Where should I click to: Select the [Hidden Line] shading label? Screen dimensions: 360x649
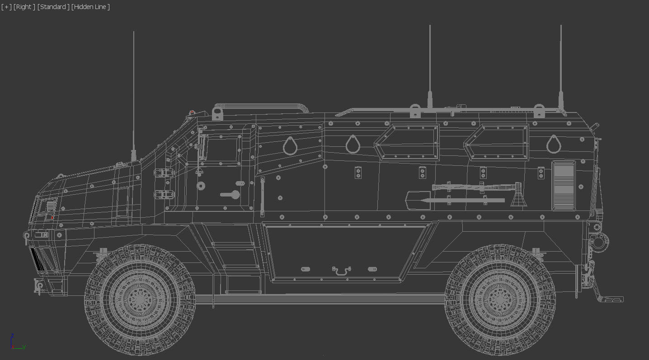point(90,7)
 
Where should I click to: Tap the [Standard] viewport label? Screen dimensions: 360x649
point(53,7)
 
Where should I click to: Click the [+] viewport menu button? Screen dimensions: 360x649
point(6,7)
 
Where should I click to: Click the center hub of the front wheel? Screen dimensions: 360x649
point(140,300)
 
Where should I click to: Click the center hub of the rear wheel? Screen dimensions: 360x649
point(500,300)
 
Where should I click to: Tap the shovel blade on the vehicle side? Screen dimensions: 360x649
point(415,200)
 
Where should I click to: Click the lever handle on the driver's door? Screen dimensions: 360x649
point(230,195)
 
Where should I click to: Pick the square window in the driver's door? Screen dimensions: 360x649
point(222,149)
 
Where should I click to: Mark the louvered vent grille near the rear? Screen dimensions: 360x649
point(564,185)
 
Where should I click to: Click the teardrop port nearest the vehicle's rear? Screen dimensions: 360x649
point(553,144)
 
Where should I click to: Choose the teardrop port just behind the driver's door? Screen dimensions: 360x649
point(290,146)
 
